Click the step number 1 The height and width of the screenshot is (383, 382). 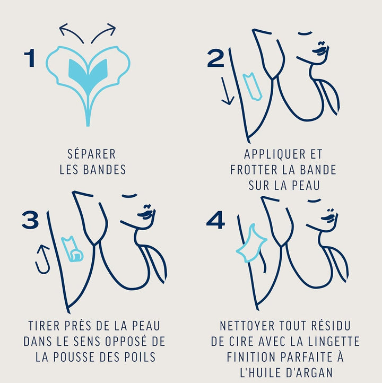click(30, 58)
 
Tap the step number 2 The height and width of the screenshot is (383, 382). click(215, 58)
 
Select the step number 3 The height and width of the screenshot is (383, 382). click(30, 220)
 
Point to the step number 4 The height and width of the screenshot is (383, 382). click(215, 220)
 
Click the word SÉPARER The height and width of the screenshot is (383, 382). click(92, 154)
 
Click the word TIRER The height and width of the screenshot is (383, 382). click(44, 326)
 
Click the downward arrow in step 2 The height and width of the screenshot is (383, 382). click(227, 91)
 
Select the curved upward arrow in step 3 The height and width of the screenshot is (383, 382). click(42, 260)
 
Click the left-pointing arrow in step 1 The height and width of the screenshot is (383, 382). click(71, 32)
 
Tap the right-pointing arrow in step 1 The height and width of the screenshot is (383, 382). click(104, 32)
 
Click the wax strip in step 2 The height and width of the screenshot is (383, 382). click(253, 86)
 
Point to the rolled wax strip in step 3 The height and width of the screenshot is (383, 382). click(72, 249)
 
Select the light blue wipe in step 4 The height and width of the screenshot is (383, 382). click(251, 243)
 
